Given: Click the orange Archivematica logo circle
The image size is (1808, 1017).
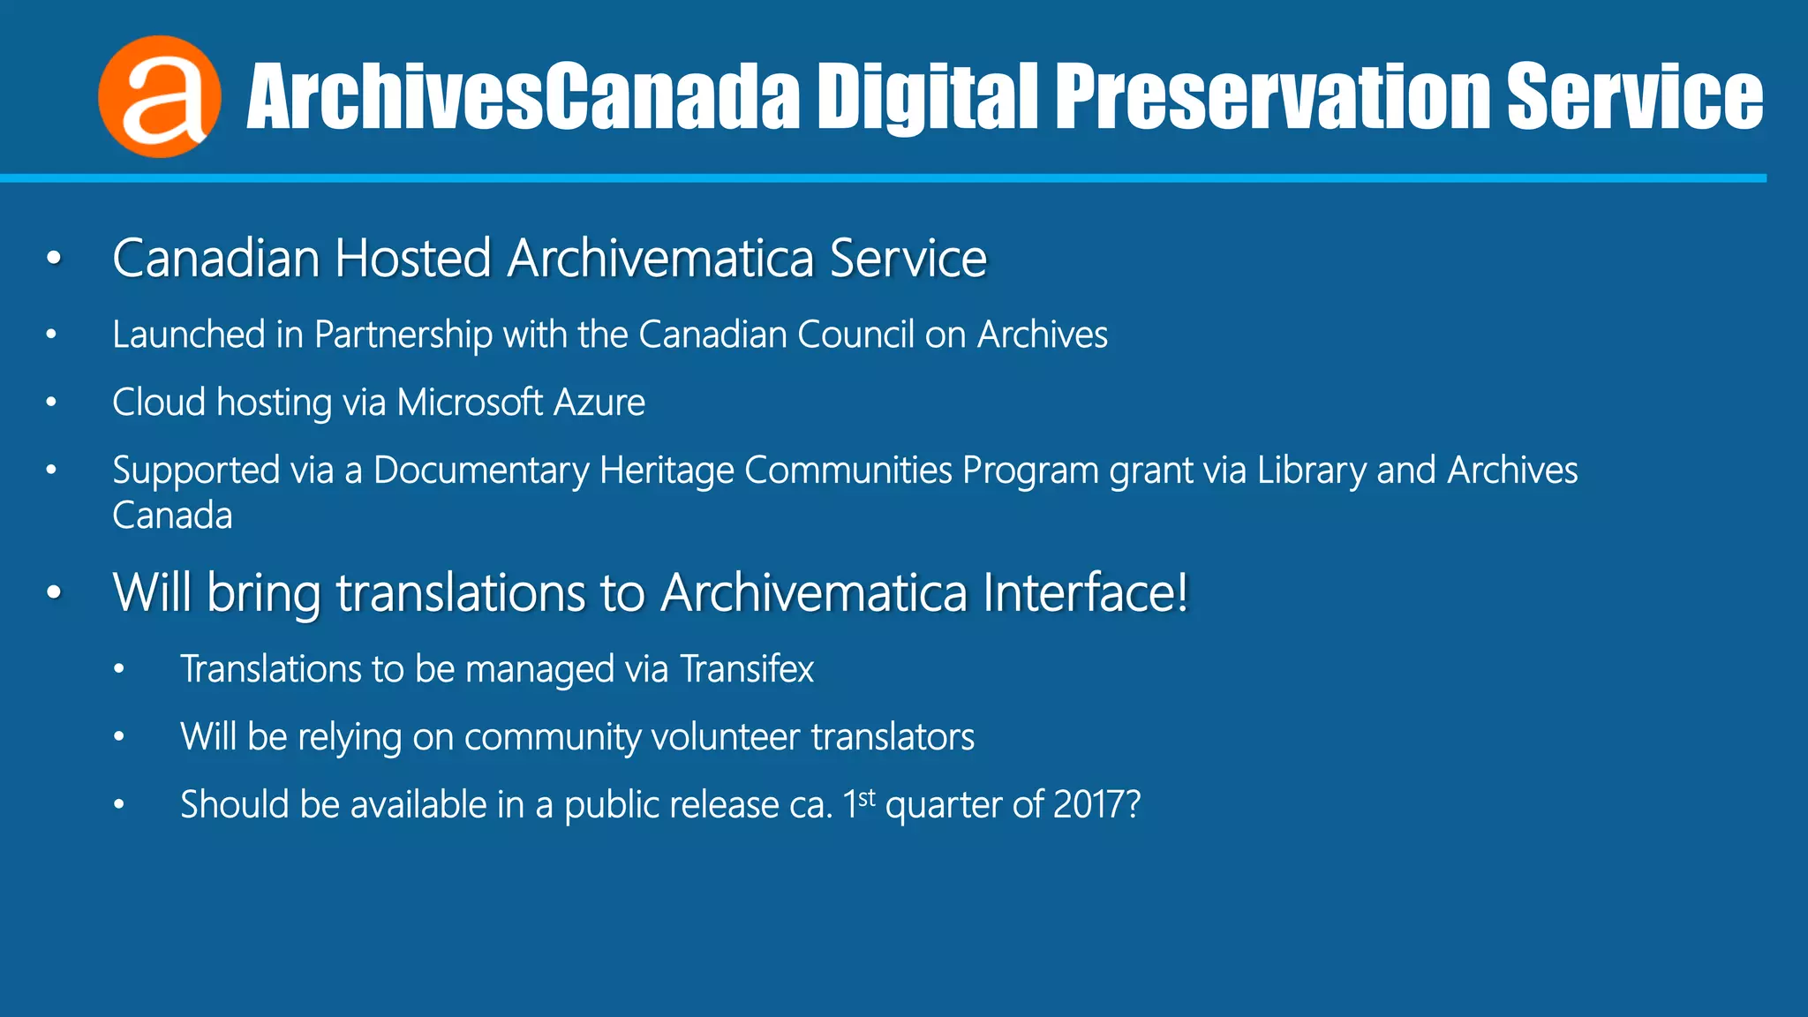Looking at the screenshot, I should click(160, 96).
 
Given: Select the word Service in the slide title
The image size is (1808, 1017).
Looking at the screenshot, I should click(1634, 96).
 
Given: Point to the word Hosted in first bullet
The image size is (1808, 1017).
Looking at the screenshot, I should click(412, 259).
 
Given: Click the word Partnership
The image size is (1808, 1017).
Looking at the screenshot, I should click(403, 335).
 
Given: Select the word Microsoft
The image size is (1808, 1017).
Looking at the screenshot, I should click(470, 403).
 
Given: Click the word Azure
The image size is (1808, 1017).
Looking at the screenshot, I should click(599, 403).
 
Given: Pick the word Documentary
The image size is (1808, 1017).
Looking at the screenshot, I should click(480, 471).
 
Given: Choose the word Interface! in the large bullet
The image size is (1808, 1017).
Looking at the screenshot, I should click(1086, 592).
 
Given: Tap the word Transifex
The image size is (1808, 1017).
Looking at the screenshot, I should click(747, 669).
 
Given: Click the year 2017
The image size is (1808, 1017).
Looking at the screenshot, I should click(1089, 804).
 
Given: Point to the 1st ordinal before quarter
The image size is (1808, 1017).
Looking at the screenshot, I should click(858, 802).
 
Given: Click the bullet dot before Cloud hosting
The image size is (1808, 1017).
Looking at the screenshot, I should click(52, 403).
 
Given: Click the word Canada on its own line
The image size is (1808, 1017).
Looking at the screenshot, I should click(172, 516).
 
